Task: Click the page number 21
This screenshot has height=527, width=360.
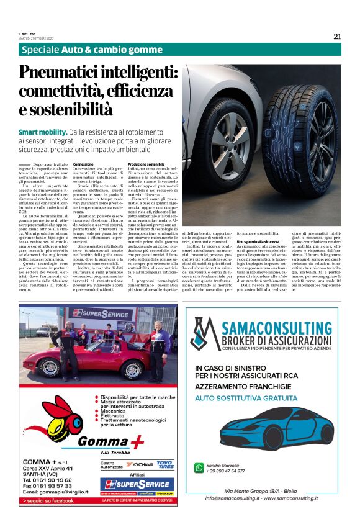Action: (x=337, y=36)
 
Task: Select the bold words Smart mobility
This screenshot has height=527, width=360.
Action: (x=43, y=132)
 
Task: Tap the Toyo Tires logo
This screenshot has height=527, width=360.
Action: (x=164, y=464)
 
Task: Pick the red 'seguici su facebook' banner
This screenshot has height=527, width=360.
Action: (x=48, y=500)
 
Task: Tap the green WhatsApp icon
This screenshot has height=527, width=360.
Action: (x=199, y=467)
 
